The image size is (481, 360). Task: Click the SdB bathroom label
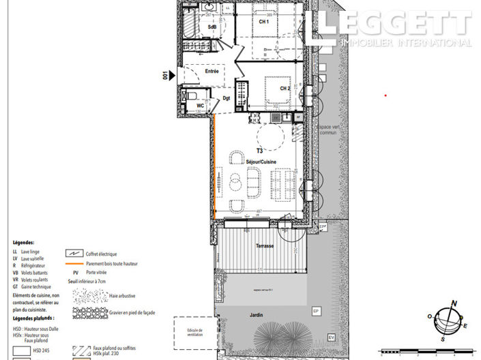[x=212, y=27]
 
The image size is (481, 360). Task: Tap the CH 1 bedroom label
[x=263, y=22]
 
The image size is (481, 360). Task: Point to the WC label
[x=201, y=106]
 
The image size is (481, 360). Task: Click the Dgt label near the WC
[x=227, y=99]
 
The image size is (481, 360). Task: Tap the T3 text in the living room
[x=259, y=150]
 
